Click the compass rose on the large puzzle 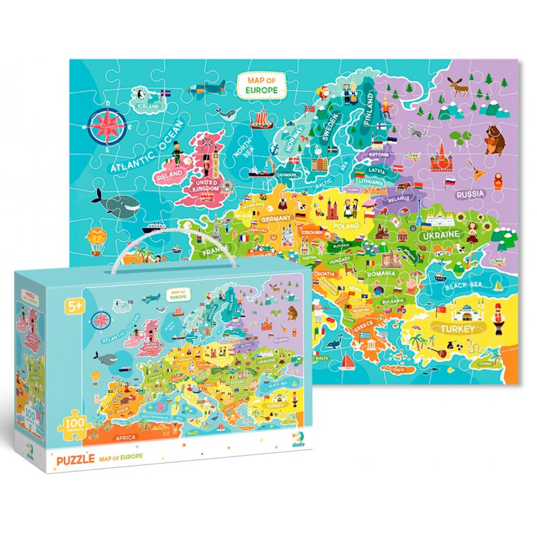(x=106, y=123)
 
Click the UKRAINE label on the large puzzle (x=440, y=236)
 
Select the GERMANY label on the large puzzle (x=275, y=219)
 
